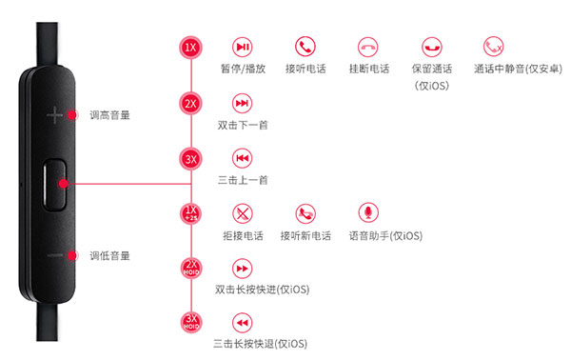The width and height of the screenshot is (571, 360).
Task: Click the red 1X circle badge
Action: pos(192,46)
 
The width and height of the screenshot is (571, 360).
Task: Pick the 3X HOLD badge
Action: pos(192,321)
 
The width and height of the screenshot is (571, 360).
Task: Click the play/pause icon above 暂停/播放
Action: pos(244,46)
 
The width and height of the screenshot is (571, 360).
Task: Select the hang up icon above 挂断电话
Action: pos(368,46)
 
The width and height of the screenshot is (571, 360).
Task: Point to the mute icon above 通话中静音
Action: pos(493,46)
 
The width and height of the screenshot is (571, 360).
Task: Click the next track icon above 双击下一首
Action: pos(242,102)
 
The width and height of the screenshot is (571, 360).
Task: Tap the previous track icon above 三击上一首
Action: pos(242,157)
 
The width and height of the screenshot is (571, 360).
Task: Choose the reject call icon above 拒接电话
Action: pos(242,212)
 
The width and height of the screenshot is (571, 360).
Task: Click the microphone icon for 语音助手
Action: pos(367,211)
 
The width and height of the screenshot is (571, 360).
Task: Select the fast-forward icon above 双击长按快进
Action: pos(242,268)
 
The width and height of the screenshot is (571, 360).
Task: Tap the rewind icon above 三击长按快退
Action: pos(242,322)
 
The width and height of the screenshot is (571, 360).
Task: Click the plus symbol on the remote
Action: pos(54,114)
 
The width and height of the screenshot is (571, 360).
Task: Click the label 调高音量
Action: pos(109,115)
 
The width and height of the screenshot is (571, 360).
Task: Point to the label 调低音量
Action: pos(109,255)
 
